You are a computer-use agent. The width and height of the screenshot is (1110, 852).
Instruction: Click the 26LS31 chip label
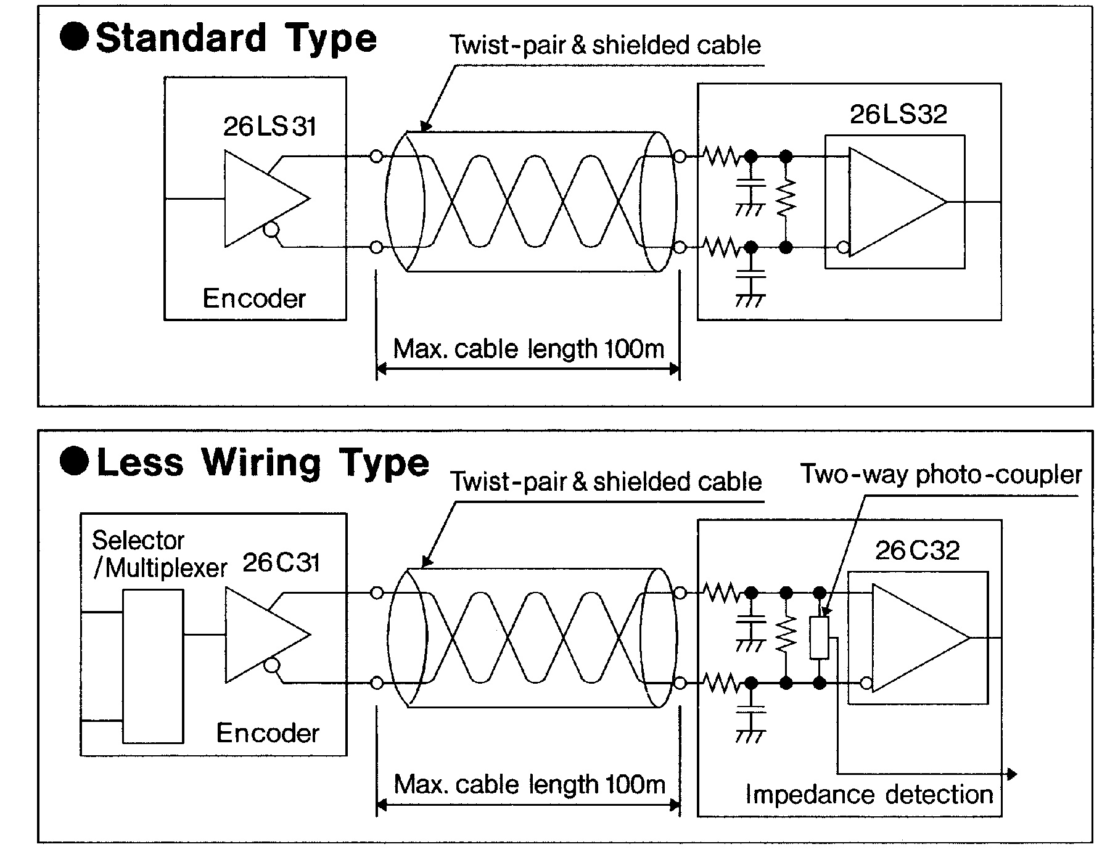pyautogui.click(x=269, y=126)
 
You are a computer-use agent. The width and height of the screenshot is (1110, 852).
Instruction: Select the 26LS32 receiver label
pyautogui.click(x=898, y=114)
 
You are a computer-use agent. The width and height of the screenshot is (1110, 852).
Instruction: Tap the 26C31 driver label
pyautogui.click(x=281, y=562)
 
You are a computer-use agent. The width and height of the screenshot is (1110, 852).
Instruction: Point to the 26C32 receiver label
pyautogui.click(x=918, y=550)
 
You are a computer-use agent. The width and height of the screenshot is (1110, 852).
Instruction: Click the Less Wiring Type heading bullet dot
pyautogui.click(x=74, y=462)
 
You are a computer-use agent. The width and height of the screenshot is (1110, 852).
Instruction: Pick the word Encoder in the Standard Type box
pyautogui.click(x=254, y=298)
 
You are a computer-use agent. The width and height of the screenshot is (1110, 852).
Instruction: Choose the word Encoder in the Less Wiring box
pyautogui.click(x=268, y=732)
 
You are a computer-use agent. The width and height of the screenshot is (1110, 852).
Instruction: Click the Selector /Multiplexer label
pyautogui.click(x=160, y=554)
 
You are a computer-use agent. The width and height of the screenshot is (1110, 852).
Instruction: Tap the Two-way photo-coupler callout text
pyautogui.click(x=941, y=474)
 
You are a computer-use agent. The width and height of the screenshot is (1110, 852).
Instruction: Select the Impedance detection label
pyautogui.click(x=869, y=794)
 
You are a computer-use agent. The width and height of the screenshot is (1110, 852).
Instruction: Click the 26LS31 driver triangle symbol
pyautogui.click(x=267, y=199)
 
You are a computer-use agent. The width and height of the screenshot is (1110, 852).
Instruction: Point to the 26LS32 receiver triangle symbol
pyautogui.click(x=897, y=202)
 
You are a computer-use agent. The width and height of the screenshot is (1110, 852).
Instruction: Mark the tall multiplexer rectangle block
pyautogui.click(x=153, y=666)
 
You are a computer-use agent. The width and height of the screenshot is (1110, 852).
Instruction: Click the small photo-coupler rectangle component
pyautogui.click(x=820, y=637)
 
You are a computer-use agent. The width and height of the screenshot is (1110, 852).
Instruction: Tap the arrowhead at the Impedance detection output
pyautogui.click(x=1012, y=774)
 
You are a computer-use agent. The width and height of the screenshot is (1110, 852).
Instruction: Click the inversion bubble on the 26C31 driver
pyautogui.click(x=271, y=666)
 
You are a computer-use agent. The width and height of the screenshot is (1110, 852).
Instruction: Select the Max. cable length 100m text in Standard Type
pyautogui.click(x=528, y=349)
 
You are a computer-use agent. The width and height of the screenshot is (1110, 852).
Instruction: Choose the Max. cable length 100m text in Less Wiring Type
pyautogui.click(x=529, y=784)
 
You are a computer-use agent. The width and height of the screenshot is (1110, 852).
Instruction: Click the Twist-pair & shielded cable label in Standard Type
pyautogui.click(x=605, y=45)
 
